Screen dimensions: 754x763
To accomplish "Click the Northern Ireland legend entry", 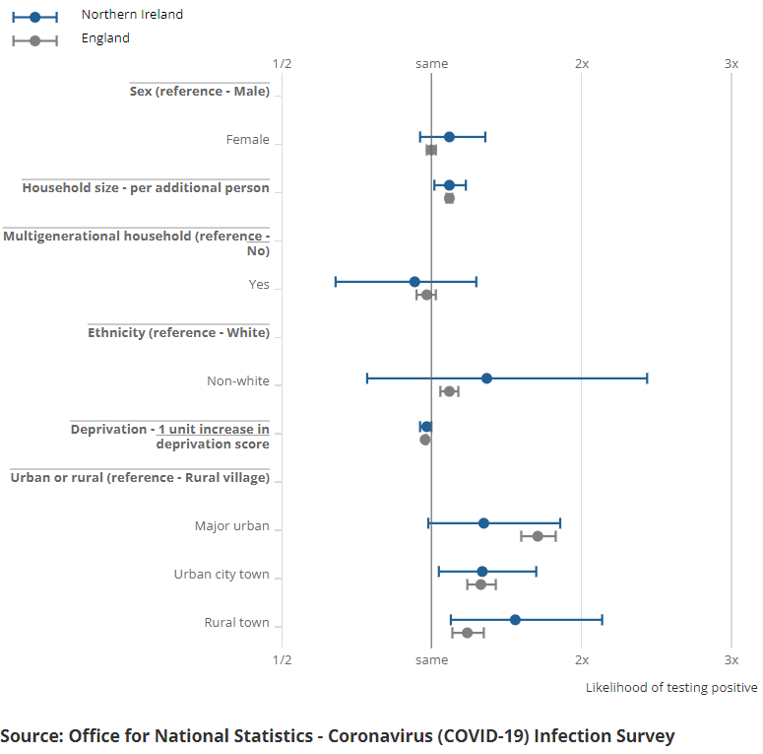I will tap(132, 15).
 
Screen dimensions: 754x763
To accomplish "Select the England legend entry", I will tap(105, 38).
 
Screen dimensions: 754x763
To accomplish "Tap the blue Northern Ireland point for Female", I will tap(449, 137).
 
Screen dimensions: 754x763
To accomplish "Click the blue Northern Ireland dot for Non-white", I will tap(486, 378).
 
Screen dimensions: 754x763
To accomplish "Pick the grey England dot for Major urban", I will tap(538, 536).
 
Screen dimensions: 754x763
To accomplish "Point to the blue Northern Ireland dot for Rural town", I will tap(515, 620).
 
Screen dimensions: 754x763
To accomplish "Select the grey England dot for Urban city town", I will tap(480, 584).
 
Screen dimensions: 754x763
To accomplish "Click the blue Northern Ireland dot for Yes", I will tap(414, 282).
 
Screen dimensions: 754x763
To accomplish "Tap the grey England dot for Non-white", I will tap(449, 391).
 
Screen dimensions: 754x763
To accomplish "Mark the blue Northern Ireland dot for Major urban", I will tap(483, 523).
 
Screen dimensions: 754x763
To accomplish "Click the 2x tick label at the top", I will tap(582, 63).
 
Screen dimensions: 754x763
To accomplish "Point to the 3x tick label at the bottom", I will tap(731, 660).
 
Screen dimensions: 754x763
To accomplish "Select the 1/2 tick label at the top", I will tap(282, 63).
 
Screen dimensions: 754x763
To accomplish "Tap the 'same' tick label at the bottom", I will tap(431, 660).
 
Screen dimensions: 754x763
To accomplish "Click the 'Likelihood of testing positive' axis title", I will tap(671, 687).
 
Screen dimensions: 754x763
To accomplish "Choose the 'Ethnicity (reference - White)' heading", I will tap(178, 332).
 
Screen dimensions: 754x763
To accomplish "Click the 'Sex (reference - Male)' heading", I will tap(200, 91).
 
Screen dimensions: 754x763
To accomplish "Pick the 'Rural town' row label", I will tap(236, 623).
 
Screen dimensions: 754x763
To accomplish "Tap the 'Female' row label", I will tap(247, 140).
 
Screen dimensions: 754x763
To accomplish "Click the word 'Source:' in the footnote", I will tap(32, 736).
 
